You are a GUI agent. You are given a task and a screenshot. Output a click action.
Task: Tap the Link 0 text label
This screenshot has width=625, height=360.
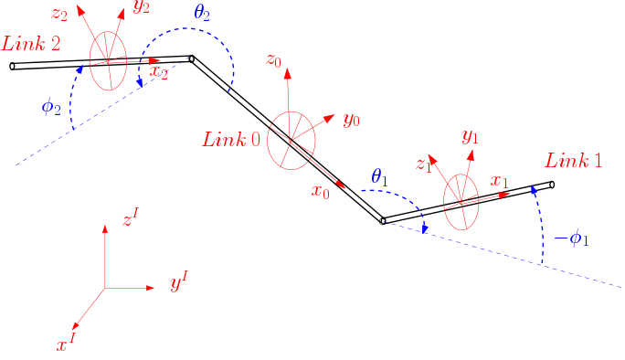[231, 139]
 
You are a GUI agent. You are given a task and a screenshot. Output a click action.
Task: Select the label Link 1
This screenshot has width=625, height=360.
[573, 161]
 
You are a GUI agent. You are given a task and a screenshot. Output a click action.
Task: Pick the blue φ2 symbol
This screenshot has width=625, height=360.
[51, 106]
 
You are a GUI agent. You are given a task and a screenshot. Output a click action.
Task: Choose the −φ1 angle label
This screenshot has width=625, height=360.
[572, 240]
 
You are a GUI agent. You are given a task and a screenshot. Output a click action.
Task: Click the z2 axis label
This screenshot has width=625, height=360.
[59, 14]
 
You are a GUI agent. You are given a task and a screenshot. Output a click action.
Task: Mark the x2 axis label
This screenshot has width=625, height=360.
[157, 73]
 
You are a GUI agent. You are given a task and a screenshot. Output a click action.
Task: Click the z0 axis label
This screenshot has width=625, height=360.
[272, 60]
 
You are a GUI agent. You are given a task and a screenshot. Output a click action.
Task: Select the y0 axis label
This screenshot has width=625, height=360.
[351, 120]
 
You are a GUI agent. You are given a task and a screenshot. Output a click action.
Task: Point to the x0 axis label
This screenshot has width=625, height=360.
[320, 192]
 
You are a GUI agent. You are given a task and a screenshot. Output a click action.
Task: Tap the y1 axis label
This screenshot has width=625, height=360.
[470, 137]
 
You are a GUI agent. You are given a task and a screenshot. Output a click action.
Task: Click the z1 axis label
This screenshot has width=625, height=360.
[422, 164]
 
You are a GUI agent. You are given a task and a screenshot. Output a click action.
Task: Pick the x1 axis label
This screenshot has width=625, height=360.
[498, 181]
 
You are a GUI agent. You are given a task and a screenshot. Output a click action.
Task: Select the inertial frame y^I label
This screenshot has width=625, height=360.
[178, 284]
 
